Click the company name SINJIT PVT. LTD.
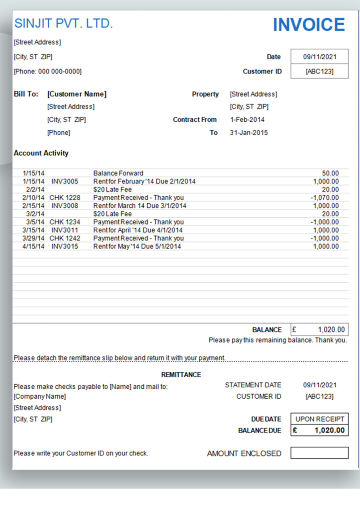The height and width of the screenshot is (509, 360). pyautogui.click(x=63, y=23)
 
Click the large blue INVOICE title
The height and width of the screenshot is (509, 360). pyautogui.click(x=308, y=25)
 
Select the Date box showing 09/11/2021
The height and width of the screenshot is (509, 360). pyautogui.click(x=319, y=57)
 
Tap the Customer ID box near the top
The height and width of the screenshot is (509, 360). pyautogui.click(x=319, y=71)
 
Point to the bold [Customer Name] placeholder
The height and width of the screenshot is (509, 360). pyautogui.click(x=77, y=94)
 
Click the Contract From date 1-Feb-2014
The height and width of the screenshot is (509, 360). pyautogui.click(x=247, y=120)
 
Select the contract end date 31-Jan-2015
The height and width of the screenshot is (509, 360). pyautogui.click(x=249, y=133)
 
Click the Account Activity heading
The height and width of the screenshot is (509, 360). pyautogui.click(x=41, y=153)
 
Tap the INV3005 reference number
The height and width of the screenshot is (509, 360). pyautogui.click(x=65, y=181)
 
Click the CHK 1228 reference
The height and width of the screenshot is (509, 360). pyautogui.click(x=65, y=197)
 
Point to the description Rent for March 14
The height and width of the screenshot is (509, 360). pyautogui.click(x=140, y=206)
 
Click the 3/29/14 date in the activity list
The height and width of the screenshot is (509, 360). pyautogui.click(x=33, y=238)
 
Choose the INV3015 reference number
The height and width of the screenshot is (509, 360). pyautogui.click(x=65, y=247)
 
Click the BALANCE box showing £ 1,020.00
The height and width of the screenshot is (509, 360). pyautogui.click(x=319, y=330)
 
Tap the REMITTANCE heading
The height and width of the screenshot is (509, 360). pyautogui.click(x=181, y=375)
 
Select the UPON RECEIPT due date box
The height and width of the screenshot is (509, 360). pyautogui.click(x=319, y=419)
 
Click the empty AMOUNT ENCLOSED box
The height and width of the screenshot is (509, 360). pyautogui.click(x=319, y=453)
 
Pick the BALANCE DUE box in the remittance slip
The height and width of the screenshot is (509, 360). pyautogui.click(x=319, y=430)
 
